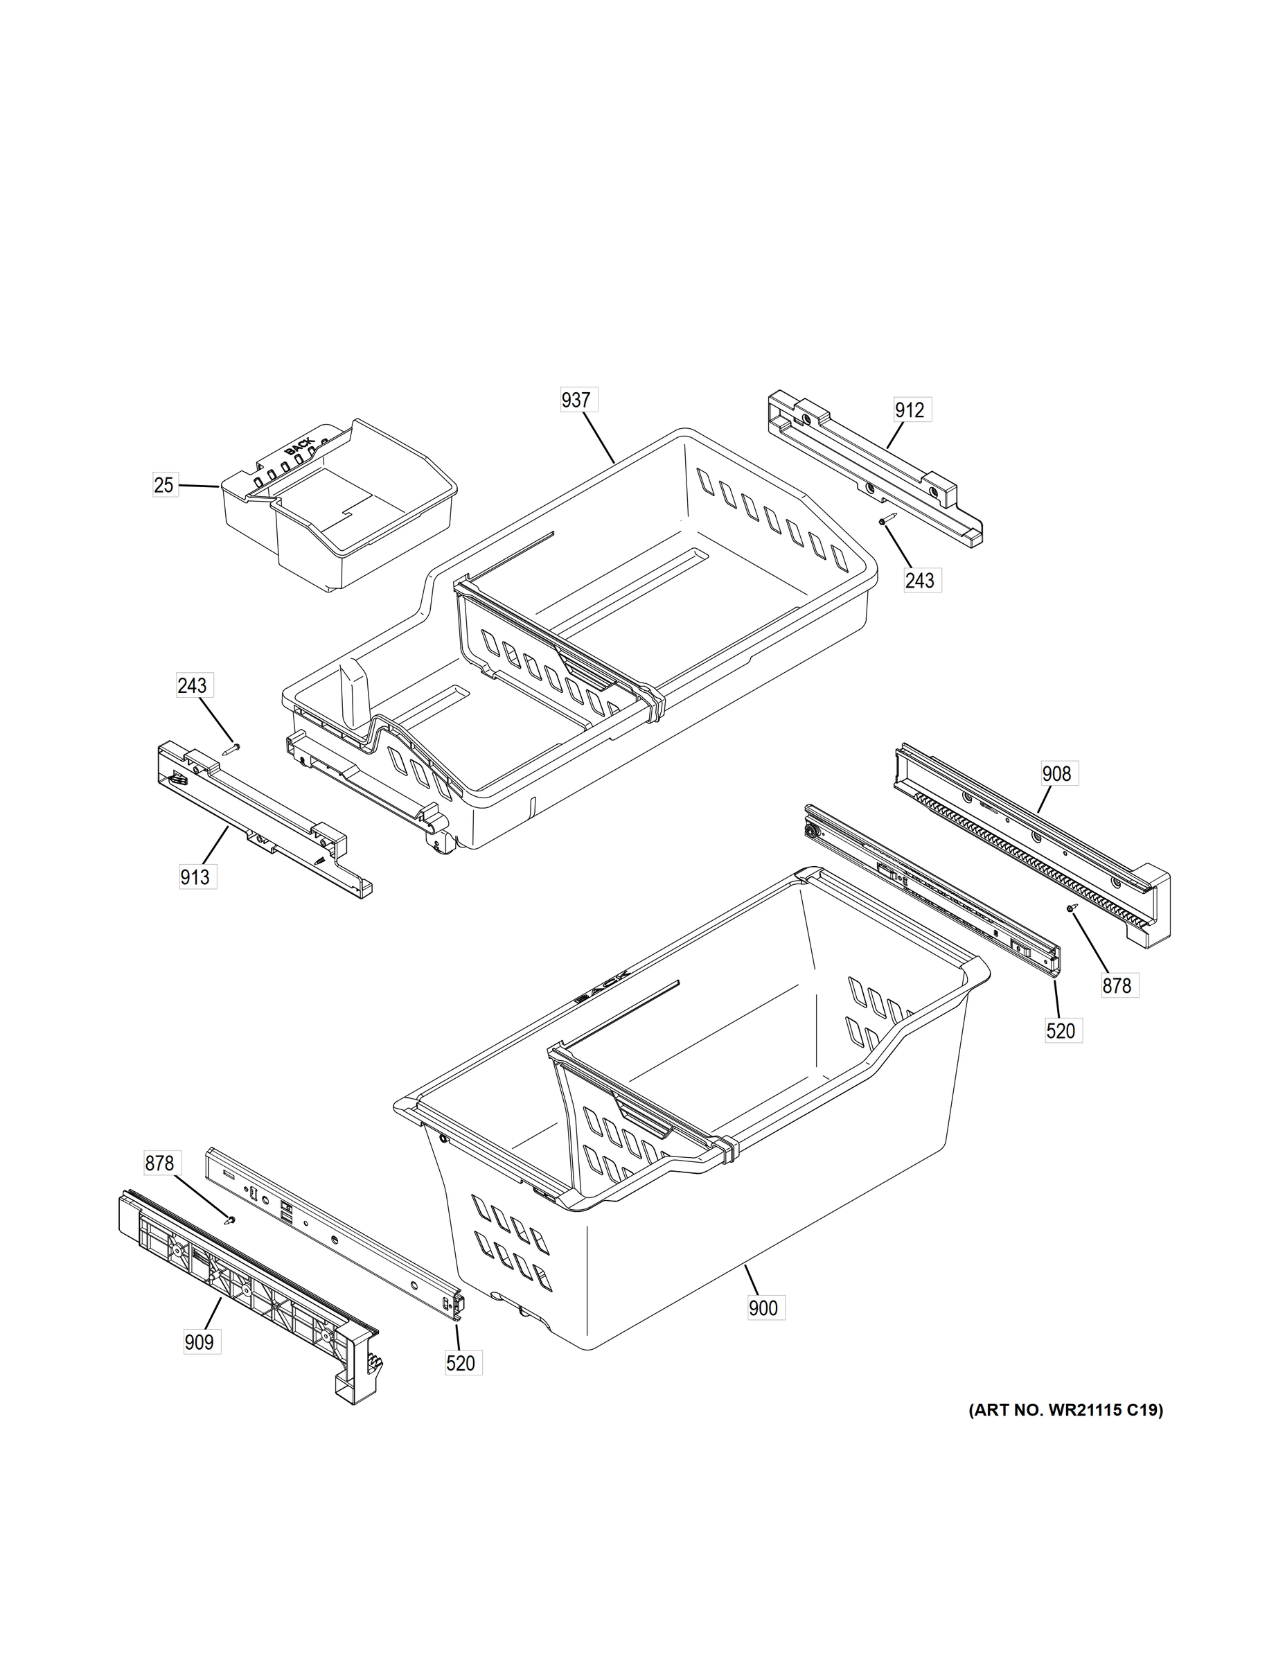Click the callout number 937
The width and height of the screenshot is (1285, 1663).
coord(576,400)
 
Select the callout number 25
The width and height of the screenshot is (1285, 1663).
coord(163,485)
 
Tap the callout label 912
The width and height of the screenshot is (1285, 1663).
coord(909,410)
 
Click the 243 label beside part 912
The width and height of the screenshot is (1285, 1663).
coord(920,580)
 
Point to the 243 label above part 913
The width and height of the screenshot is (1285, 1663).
coord(192,685)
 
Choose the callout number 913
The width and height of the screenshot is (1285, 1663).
coord(195,877)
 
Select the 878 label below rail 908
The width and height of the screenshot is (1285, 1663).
coord(1117,985)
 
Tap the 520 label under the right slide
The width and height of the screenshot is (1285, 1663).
coord(1061,1031)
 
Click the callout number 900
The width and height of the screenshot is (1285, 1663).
coord(763,1308)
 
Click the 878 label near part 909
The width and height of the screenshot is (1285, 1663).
coord(160,1163)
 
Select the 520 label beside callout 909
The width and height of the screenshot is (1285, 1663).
coord(461,1363)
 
